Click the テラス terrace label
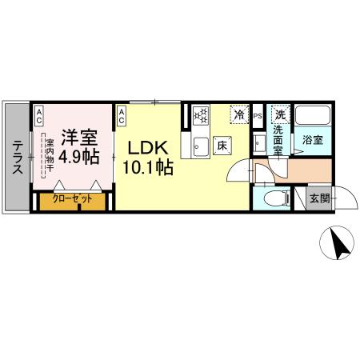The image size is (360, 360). click(16, 154)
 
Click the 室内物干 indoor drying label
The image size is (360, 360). click(50, 153)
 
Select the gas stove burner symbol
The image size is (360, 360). click(199, 116)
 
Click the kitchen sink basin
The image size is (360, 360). click(199, 146)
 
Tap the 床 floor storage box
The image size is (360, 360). click(222, 146)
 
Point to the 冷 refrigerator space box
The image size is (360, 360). click(239, 115)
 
